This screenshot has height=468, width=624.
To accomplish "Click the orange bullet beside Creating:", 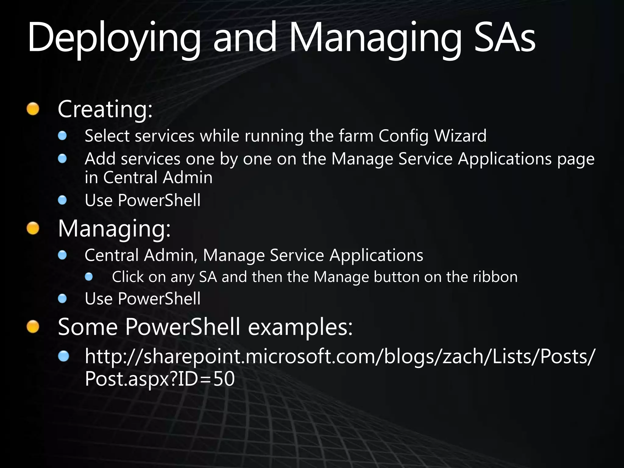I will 33,109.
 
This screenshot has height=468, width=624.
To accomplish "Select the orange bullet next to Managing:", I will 33,229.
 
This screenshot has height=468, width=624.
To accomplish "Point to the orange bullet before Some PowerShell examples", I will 33,327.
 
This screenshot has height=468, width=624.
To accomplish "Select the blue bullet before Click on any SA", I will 89,277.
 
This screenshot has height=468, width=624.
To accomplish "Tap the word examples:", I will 300,327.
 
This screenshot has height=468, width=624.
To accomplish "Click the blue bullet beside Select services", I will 62,136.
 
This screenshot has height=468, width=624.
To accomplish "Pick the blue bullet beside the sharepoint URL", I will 63,356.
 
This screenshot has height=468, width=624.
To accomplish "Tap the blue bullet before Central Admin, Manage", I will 62,255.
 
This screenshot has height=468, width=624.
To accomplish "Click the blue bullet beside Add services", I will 62,158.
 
